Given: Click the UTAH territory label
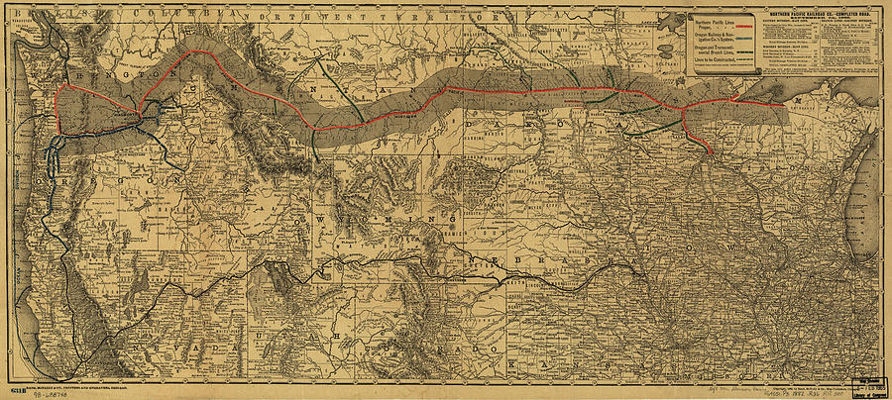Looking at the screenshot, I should point(278,327).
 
